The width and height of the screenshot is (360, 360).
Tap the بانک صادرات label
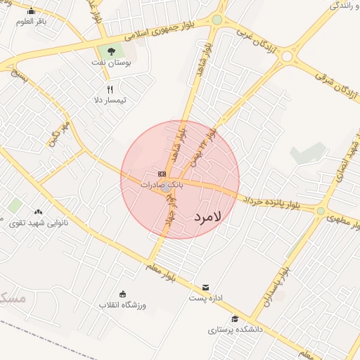(162, 185)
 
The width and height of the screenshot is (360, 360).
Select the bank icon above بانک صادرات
(162, 174)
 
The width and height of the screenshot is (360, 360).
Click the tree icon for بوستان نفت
(110, 51)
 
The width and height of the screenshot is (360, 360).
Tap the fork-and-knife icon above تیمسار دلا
(110, 89)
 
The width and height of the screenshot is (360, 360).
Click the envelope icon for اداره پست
(205, 287)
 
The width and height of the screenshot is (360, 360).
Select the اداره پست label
(205, 298)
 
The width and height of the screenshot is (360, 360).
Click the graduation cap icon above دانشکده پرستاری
(234, 319)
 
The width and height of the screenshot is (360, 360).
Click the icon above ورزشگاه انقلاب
(123, 294)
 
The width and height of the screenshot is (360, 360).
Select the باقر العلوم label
(32, 21)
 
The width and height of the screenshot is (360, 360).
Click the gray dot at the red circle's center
(166, 188)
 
